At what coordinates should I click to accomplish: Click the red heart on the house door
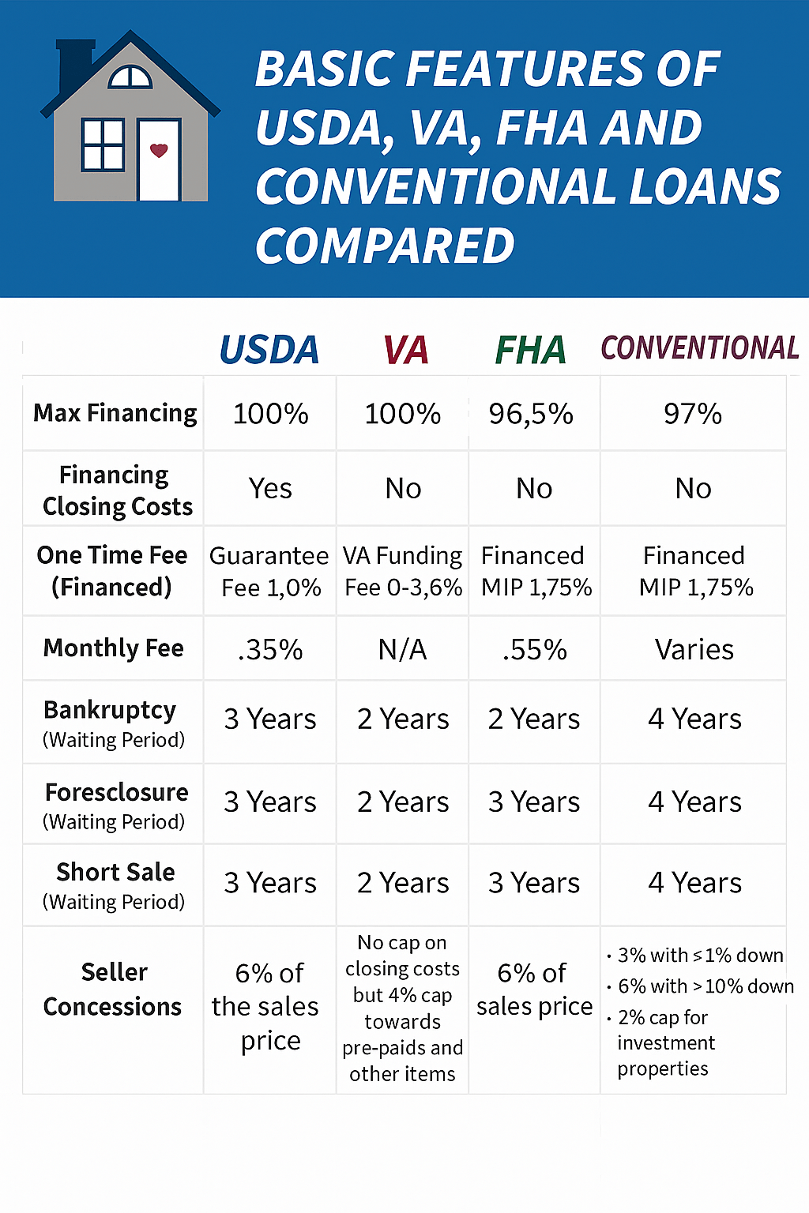pyautogui.click(x=159, y=150)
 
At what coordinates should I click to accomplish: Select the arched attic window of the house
pyautogui.click(x=130, y=77)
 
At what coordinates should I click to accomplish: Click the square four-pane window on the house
pyautogui.click(x=103, y=145)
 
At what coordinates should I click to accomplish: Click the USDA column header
pyautogui.click(x=269, y=350)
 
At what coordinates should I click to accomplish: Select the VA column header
pyautogui.click(x=405, y=350)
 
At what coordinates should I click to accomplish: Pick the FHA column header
pyautogui.click(x=531, y=350)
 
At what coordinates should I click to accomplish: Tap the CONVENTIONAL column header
pyautogui.click(x=699, y=347)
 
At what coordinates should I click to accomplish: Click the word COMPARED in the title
pyautogui.click(x=385, y=246)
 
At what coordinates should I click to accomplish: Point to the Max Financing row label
pyautogui.click(x=115, y=413)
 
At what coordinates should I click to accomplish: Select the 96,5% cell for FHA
pyautogui.click(x=531, y=414)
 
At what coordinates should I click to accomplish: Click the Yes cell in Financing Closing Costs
pyautogui.click(x=270, y=489)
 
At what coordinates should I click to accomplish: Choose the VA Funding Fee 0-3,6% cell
pyautogui.click(x=403, y=572)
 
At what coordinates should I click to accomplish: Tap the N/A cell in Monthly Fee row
pyautogui.click(x=403, y=650)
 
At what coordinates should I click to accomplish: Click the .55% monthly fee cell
pyautogui.click(x=535, y=650)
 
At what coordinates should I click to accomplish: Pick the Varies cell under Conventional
pyautogui.click(x=694, y=650)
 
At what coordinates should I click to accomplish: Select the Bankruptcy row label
pyautogui.click(x=111, y=711)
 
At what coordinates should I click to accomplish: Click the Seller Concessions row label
pyautogui.click(x=113, y=989)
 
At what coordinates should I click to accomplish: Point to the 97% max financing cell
pyautogui.click(x=693, y=414)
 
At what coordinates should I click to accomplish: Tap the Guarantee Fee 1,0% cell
pyautogui.click(x=269, y=572)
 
